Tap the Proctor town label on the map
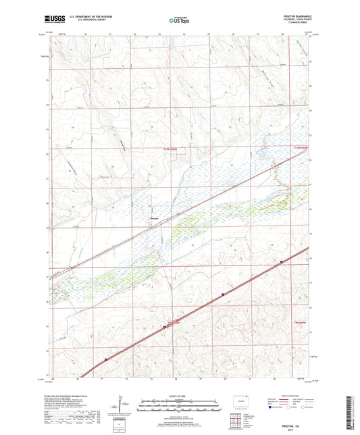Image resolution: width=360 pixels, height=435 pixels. coord(154,217)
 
